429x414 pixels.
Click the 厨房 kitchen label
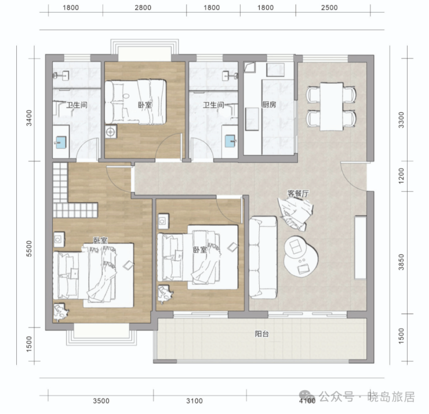pos(269,105)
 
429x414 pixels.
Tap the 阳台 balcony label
pos(262,334)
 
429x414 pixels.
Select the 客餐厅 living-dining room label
pos(298,193)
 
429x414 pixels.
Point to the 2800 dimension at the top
pos(143,8)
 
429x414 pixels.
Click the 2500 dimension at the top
pos(329,8)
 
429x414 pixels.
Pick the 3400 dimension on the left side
pos(29,118)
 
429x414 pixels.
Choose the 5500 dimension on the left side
pos(29,249)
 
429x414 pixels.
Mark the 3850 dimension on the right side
pos(401,262)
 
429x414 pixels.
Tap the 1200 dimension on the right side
pos(401,175)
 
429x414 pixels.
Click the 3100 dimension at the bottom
pos(195,401)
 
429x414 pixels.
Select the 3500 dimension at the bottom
pos(101,401)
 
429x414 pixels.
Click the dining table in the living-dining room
pos(332,107)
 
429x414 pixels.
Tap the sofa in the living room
pos(263,257)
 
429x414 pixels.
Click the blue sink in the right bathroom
pos(230,141)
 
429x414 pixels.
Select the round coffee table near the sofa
pos(301,256)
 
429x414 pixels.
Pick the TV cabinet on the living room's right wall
pos(361,248)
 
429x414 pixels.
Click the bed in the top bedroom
pos(136,102)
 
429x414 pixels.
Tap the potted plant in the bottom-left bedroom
pos(61,312)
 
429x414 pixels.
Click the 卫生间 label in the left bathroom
pos(77,105)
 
